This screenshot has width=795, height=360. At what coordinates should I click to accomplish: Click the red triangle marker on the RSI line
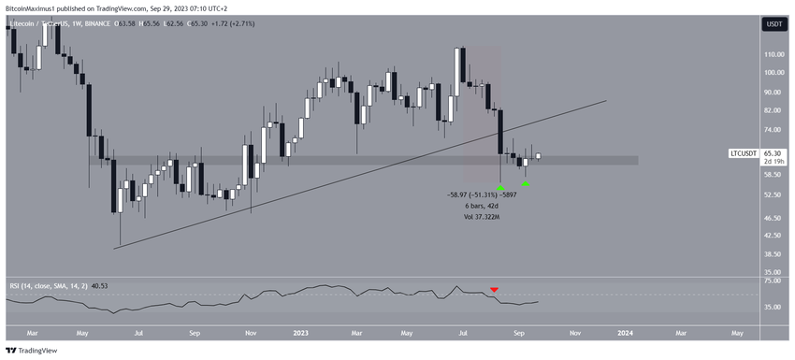[x=494, y=289]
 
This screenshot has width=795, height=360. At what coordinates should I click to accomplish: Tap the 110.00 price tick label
[x=773, y=55]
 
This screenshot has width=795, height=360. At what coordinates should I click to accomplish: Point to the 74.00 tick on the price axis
[x=773, y=129]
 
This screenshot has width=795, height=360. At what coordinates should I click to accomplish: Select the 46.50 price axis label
[x=773, y=218]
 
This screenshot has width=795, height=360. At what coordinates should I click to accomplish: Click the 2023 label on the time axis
[x=301, y=331]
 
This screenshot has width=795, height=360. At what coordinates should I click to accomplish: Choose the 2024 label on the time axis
[x=625, y=331]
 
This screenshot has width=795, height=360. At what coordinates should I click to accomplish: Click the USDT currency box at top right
[x=773, y=25]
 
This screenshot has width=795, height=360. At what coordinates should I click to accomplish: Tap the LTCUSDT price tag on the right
[x=744, y=152]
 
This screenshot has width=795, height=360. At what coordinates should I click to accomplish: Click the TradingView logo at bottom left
[x=32, y=351]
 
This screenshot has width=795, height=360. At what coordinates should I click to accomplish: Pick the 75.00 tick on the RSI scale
[x=773, y=281]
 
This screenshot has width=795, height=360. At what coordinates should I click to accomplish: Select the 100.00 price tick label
[x=773, y=73]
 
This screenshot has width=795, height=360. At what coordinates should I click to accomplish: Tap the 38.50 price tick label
[x=773, y=253]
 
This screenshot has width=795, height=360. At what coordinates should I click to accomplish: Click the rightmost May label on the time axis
[x=737, y=331]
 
